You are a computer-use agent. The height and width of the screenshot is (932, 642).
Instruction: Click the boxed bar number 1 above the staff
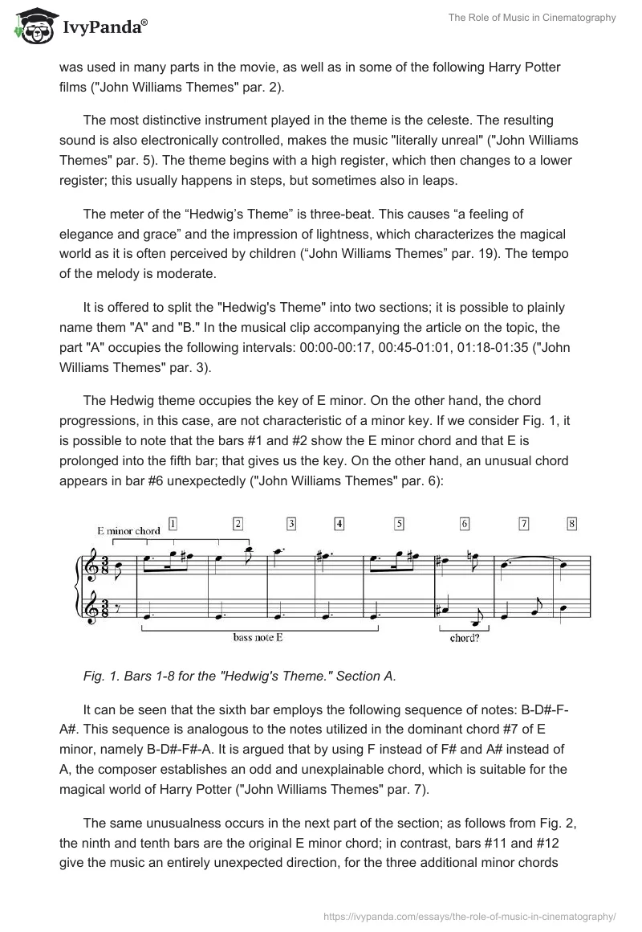173,523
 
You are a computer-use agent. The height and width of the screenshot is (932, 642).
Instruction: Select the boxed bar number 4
340,524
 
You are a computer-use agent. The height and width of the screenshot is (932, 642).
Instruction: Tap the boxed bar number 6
465,524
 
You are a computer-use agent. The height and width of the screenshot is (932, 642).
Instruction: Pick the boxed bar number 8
571,524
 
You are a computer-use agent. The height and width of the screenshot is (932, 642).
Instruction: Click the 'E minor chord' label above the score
128,530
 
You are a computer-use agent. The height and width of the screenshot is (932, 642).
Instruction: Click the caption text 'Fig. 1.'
104,676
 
